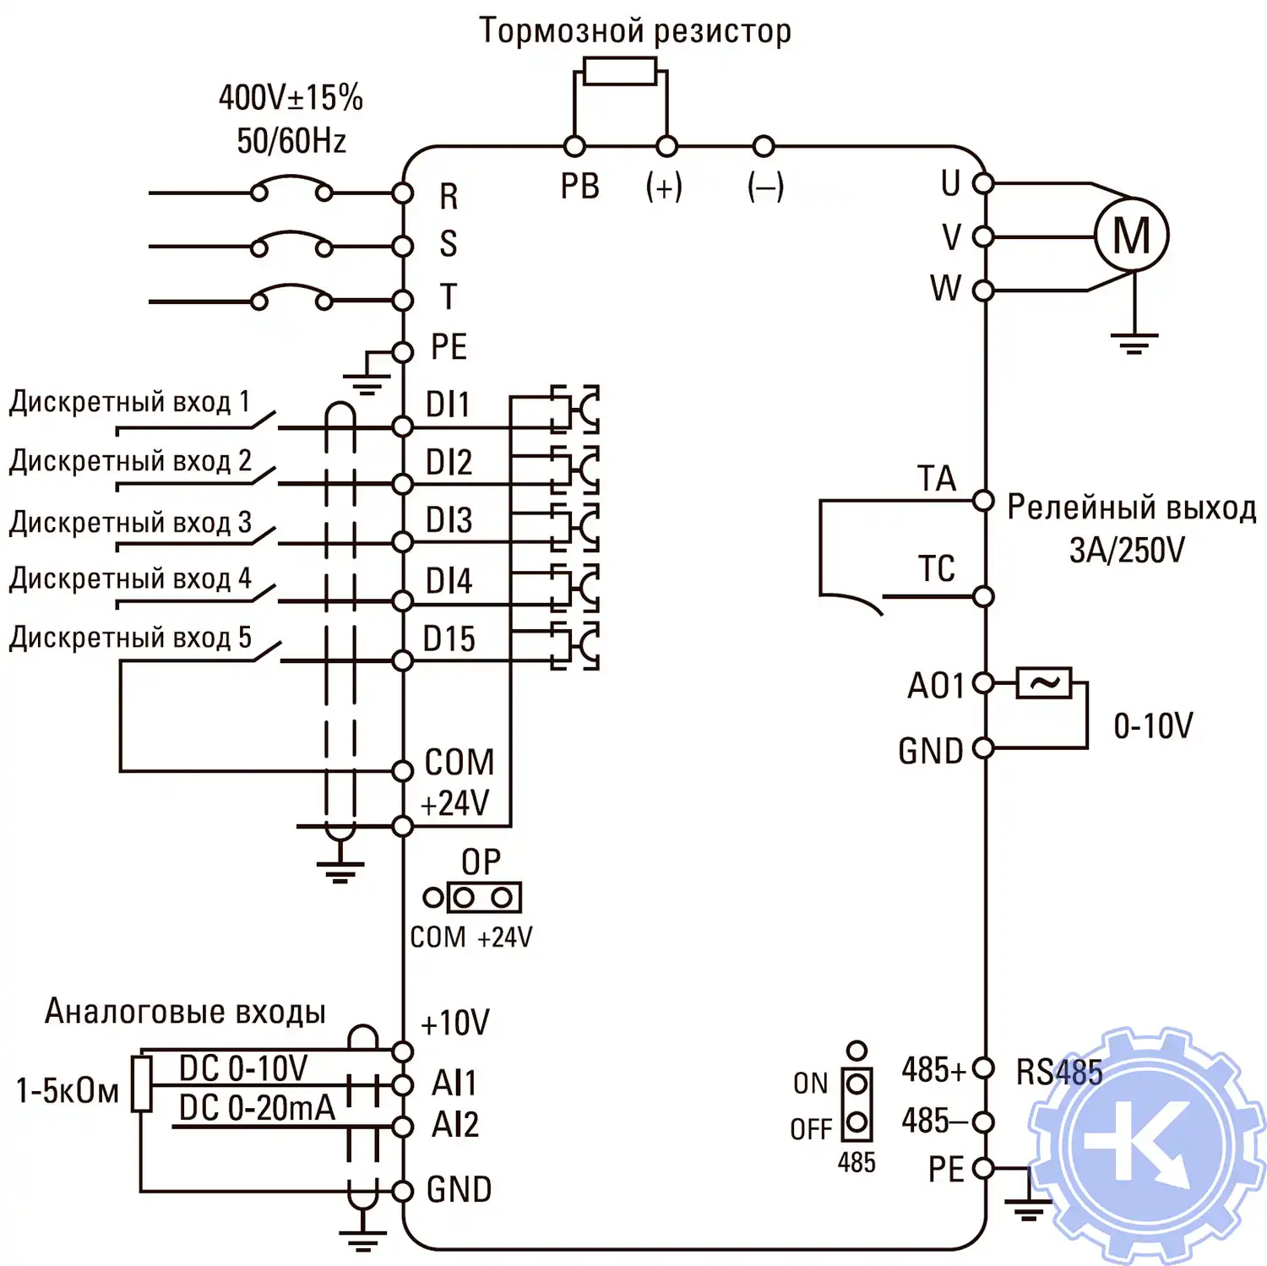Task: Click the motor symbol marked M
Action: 1131,235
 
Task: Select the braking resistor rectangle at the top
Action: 619,71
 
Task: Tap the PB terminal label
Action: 580,187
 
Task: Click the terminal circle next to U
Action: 983,182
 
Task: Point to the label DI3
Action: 449,520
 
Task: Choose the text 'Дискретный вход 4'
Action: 130,579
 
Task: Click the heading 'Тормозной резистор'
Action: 635,31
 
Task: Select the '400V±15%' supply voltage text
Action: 291,98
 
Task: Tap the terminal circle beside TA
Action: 983,501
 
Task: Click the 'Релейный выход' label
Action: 1131,508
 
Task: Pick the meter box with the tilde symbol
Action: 1044,682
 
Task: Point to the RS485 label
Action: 1059,1073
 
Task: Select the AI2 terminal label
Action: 454,1125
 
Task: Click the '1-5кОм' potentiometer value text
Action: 68,1091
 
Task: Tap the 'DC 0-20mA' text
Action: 257,1108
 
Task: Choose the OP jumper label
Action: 481,862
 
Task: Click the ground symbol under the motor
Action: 1134,343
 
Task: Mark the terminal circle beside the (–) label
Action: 764,146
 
